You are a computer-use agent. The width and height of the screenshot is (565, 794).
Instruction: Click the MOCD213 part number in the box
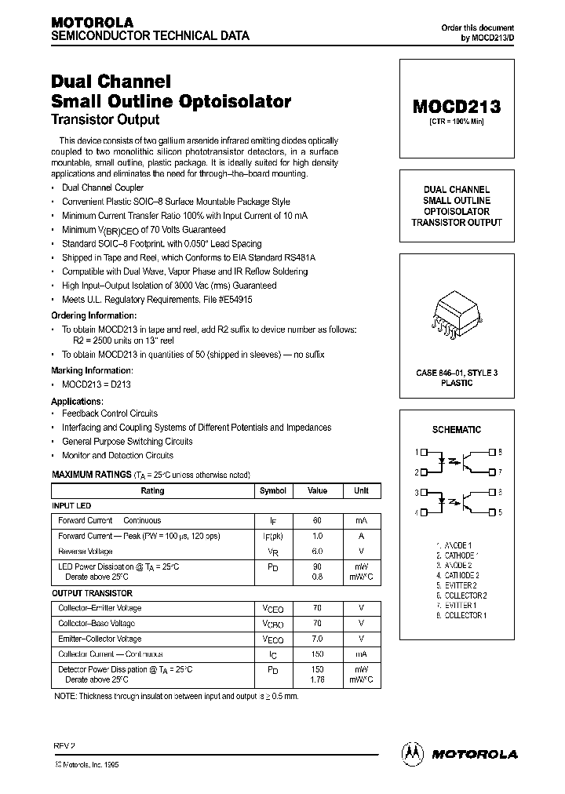pos(457,107)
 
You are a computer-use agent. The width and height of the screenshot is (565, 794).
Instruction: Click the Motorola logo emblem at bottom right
pos(413,752)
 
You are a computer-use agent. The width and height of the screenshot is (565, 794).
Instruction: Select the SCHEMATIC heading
pos(457,429)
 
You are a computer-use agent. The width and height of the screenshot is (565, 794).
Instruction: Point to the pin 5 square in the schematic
pos(491,512)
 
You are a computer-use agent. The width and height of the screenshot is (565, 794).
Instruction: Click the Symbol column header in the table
pos(273,490)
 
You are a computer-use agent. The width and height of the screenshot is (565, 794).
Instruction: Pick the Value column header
pos(318,490)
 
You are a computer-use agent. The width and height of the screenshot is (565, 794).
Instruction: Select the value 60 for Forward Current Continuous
pos(318,520)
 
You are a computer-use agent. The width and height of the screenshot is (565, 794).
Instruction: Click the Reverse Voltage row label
pos(86,551)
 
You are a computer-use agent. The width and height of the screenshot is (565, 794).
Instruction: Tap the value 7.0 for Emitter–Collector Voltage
pos(318,639)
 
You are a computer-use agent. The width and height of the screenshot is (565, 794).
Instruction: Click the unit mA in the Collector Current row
pos(361,654)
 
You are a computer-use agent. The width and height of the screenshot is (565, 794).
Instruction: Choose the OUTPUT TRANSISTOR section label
pos(92,593)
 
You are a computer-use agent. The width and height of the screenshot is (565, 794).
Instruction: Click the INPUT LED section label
pos(71,506)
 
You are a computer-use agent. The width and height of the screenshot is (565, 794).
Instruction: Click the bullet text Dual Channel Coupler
pos(103,188)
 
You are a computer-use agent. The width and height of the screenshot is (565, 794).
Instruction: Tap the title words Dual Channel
pos(111,81)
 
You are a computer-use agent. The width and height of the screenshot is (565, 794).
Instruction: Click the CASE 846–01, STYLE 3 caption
pos(457,373)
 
